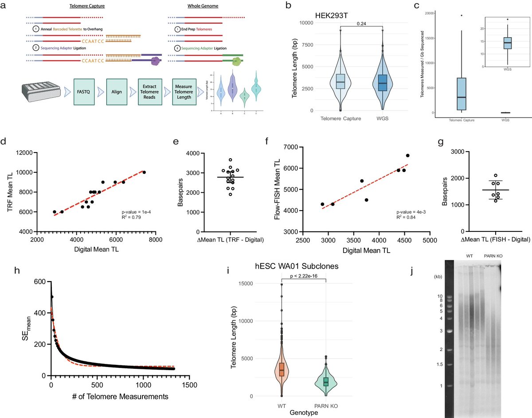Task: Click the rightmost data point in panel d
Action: [144, 172]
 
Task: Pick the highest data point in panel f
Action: [408, 156]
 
